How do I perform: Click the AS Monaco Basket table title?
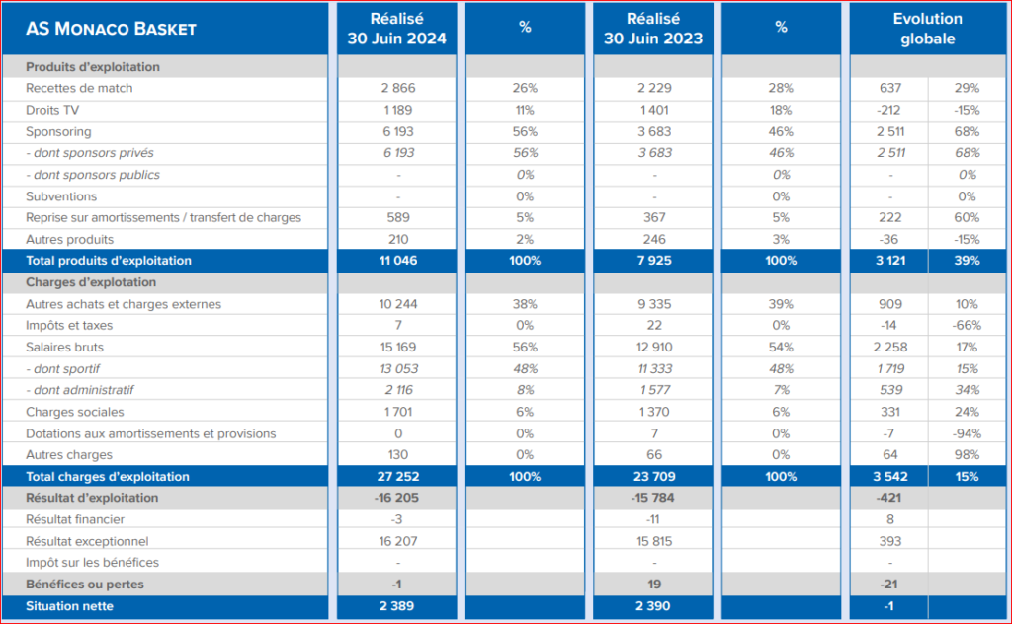tap(111, 29)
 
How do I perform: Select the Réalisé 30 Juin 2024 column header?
tap(397, 29)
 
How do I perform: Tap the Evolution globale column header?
tap(927, 29)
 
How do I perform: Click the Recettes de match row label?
tap(79, 88)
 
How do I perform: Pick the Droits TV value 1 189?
tap(397, 111)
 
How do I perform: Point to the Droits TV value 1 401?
tap(654, 111)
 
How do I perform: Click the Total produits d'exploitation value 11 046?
tap(398, 261)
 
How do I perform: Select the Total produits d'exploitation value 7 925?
tap(654, 261)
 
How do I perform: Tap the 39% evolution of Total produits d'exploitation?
tap(967, 261)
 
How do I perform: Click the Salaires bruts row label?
tap(64, 347)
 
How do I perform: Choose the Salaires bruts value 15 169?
tap(398, 347)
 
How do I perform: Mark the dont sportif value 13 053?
tap(398, 368)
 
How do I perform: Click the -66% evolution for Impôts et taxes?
tap(967, 326)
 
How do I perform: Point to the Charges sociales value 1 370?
tap(654, 412)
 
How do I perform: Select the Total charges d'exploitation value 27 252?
tap(398, 476)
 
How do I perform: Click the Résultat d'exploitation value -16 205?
tap(396, 498)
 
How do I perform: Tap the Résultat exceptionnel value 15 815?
tap(654, 541)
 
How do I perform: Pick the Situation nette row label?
tap(70, 606)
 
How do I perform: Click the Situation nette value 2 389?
tap(397, 606)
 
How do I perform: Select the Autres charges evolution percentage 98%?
tap(967, 454)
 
